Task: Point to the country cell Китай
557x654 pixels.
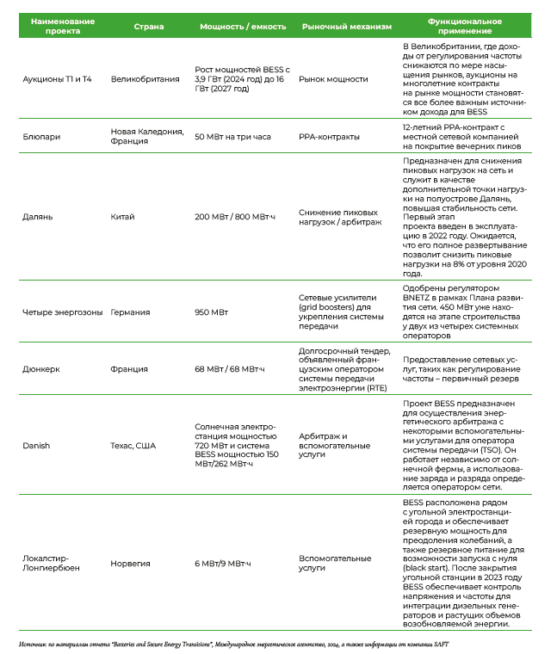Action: (122, 217)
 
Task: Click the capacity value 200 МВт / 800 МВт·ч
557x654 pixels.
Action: (239, 217)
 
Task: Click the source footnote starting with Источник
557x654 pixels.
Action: (232, 644)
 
